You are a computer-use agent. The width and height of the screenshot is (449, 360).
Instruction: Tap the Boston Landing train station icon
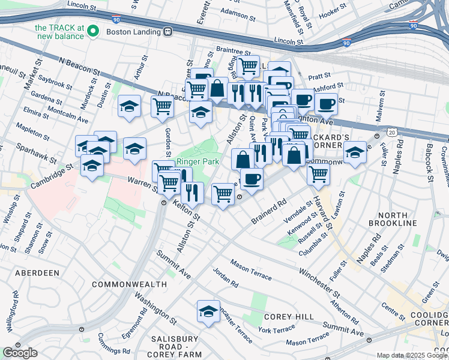tap(169, 30)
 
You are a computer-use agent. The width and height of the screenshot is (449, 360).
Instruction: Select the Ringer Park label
tap(196, 162)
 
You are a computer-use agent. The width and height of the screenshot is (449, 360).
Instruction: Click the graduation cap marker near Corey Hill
tap(208, 311)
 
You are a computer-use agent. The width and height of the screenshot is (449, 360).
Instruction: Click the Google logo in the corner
tap(20, 353)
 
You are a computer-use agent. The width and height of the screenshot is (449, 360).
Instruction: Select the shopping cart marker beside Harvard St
tap(318, 174)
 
